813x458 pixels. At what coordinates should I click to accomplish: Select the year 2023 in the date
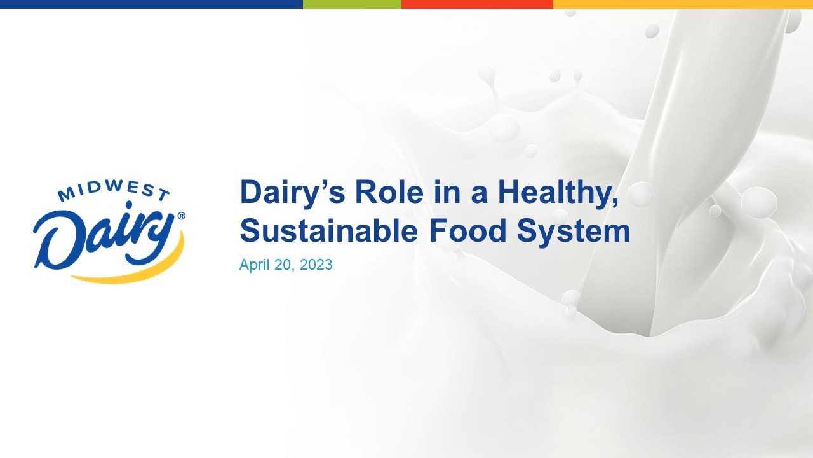click(x=316, y=265)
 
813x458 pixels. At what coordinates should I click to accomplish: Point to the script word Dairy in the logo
click(x=105, y=235)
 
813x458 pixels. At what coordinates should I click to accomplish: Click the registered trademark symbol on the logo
click(x=182, y=216)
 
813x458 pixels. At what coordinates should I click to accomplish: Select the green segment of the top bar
click(x=352, y=4)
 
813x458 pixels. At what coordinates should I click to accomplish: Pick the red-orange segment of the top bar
click(x=477, y=4)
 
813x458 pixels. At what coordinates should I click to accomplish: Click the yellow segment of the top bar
click(x=683, y=4)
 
